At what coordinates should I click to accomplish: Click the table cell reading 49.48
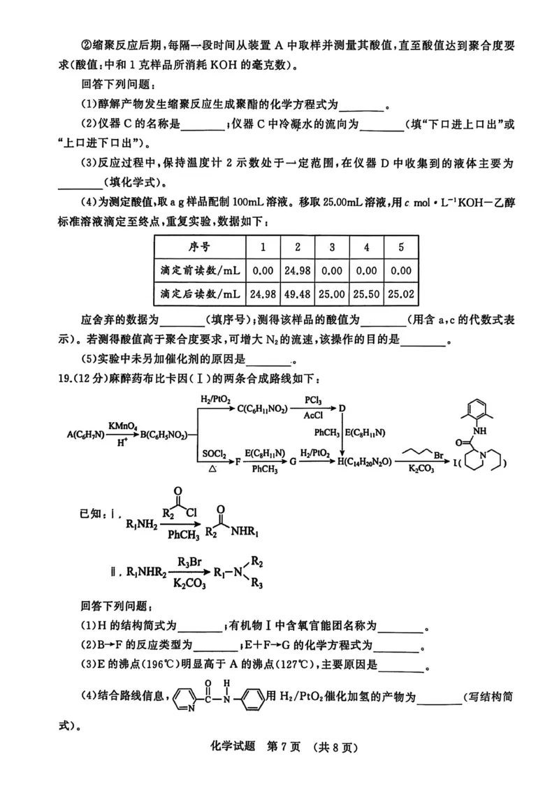point(297,293)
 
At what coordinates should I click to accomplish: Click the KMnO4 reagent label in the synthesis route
point(122,425)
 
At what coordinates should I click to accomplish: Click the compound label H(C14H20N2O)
point(368,463)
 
